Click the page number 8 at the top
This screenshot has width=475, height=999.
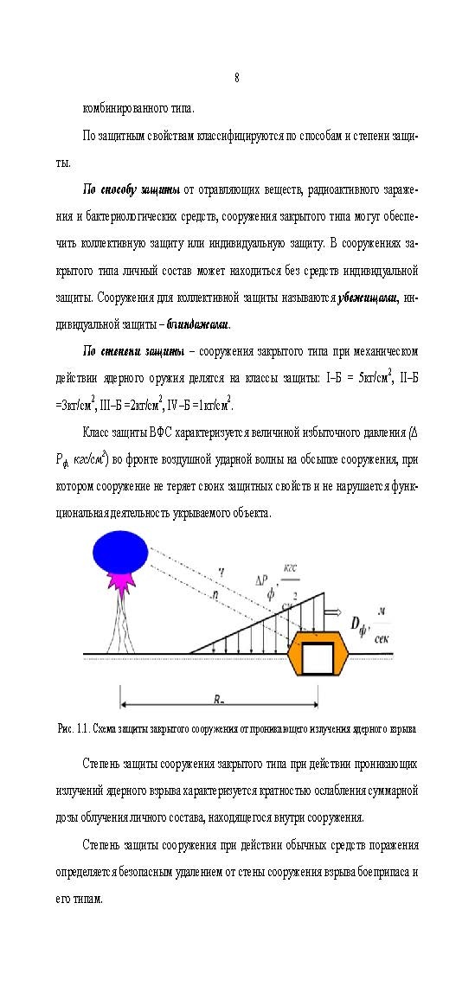pyautogui.click(x=237, y=79)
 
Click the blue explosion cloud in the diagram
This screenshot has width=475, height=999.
pyautogui.click(x=121, y=552)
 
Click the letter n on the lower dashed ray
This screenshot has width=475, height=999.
pyautogui.click(x=214, y=595)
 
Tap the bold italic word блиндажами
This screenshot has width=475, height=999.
pyautogui.click(x=198, y=324)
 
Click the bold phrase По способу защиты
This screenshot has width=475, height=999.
pyautogui.click(x=132, y=189)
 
